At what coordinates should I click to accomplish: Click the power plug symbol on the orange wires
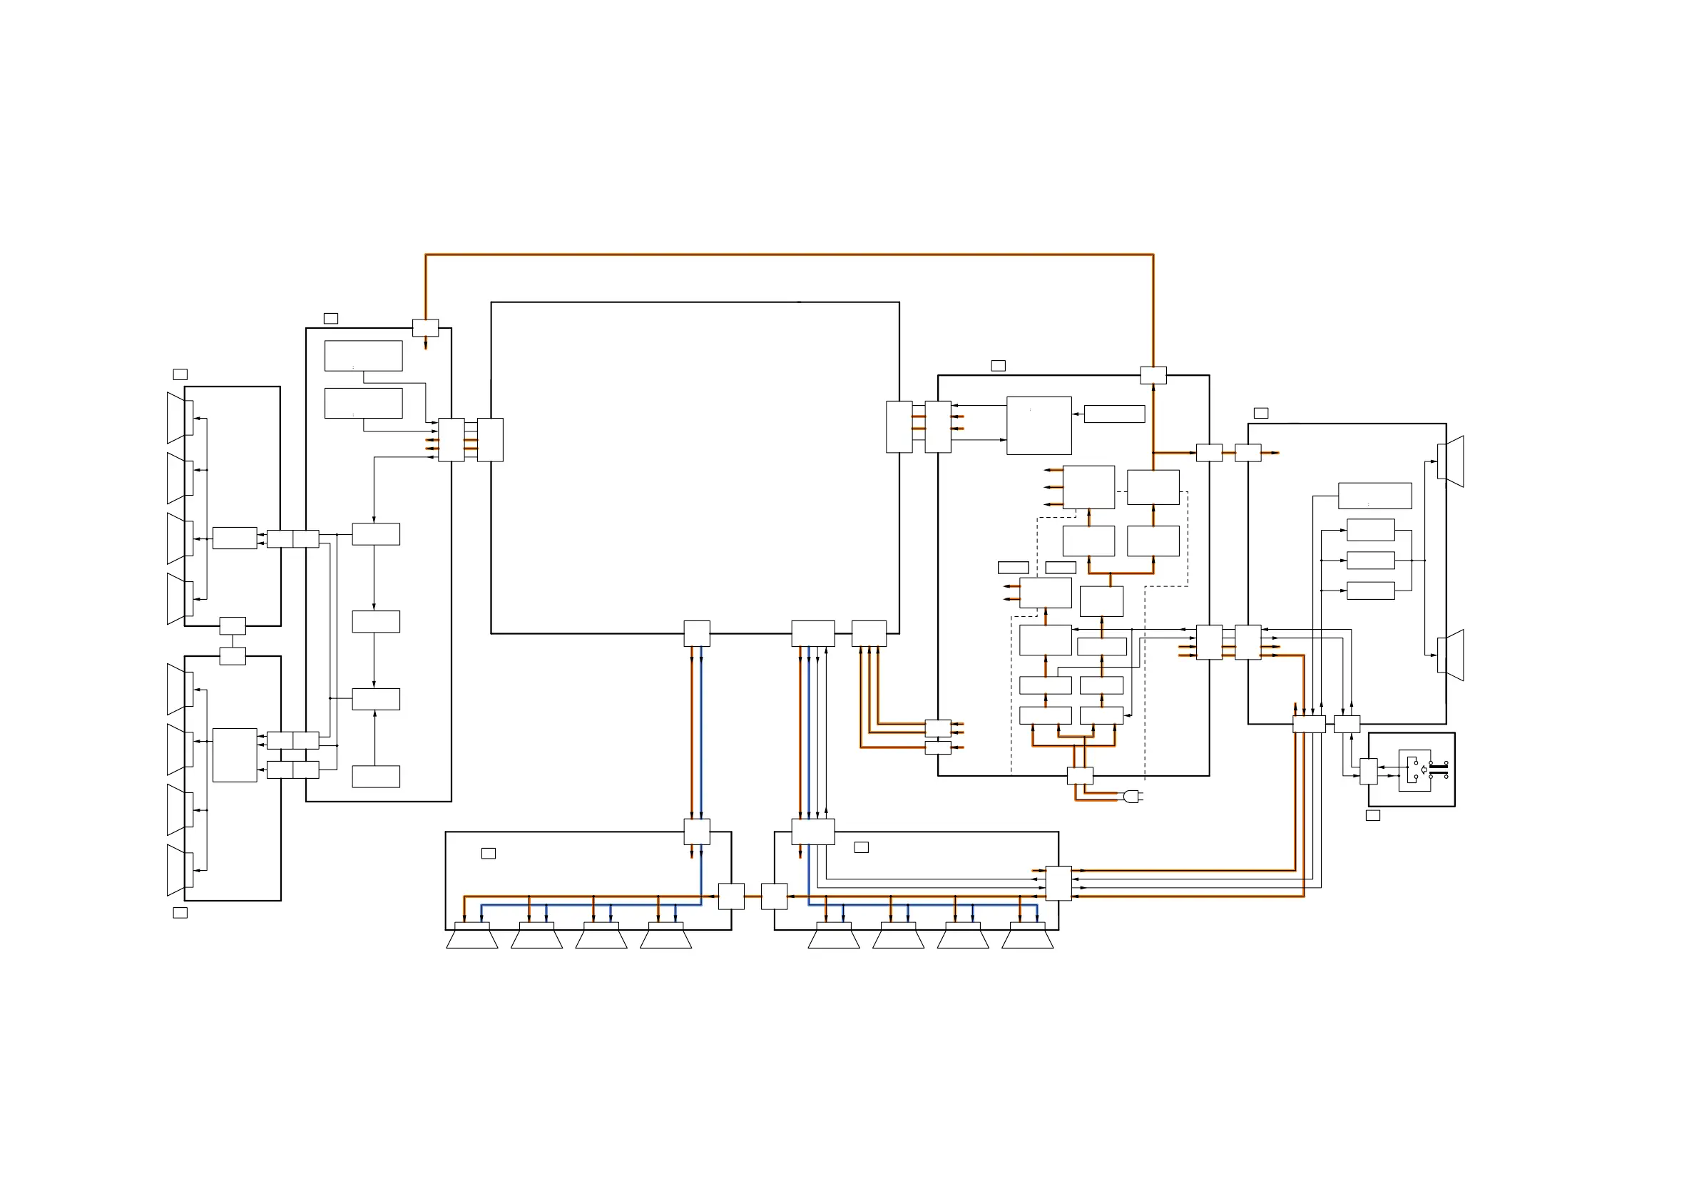pos(1131,796)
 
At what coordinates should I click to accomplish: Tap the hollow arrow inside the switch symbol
pos(1424,770)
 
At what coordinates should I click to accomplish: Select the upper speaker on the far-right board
pos(1451,461)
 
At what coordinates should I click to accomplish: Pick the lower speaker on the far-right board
pos(1451,655)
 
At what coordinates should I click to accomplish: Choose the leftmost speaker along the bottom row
pos(472,936)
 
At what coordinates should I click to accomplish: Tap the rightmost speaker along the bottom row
pos(1028,936)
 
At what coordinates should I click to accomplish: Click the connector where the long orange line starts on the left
pos(426,328)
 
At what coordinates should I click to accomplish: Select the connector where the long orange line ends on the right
pos(1153,375)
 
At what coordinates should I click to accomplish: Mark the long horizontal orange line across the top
pos(789,255)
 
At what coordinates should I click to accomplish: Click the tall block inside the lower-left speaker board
pos(235,755)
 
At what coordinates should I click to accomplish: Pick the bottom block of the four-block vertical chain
pos(376,776)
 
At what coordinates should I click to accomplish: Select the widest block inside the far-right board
pos(1375,496)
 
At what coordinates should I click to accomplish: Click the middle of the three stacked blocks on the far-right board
pos(1370,560)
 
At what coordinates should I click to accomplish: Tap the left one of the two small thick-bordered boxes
pos(1013,568)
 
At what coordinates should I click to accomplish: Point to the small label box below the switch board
pos(1372,815)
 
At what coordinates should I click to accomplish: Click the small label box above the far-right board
pos(1261,413)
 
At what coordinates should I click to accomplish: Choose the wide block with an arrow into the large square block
pos(1114,414)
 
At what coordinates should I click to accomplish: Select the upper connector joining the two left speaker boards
pos(233,625)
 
